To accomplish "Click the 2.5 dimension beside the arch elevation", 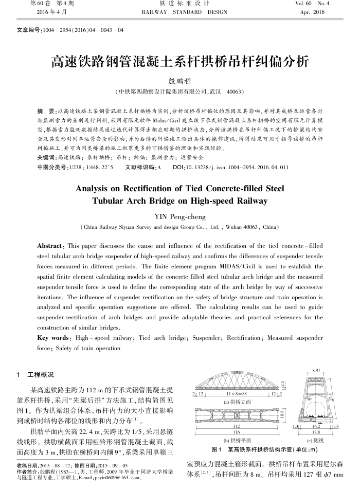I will [x=282, y=383].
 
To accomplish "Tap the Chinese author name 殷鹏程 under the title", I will [x=179, y=80].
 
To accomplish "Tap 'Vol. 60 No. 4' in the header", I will [x=314, y=4].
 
